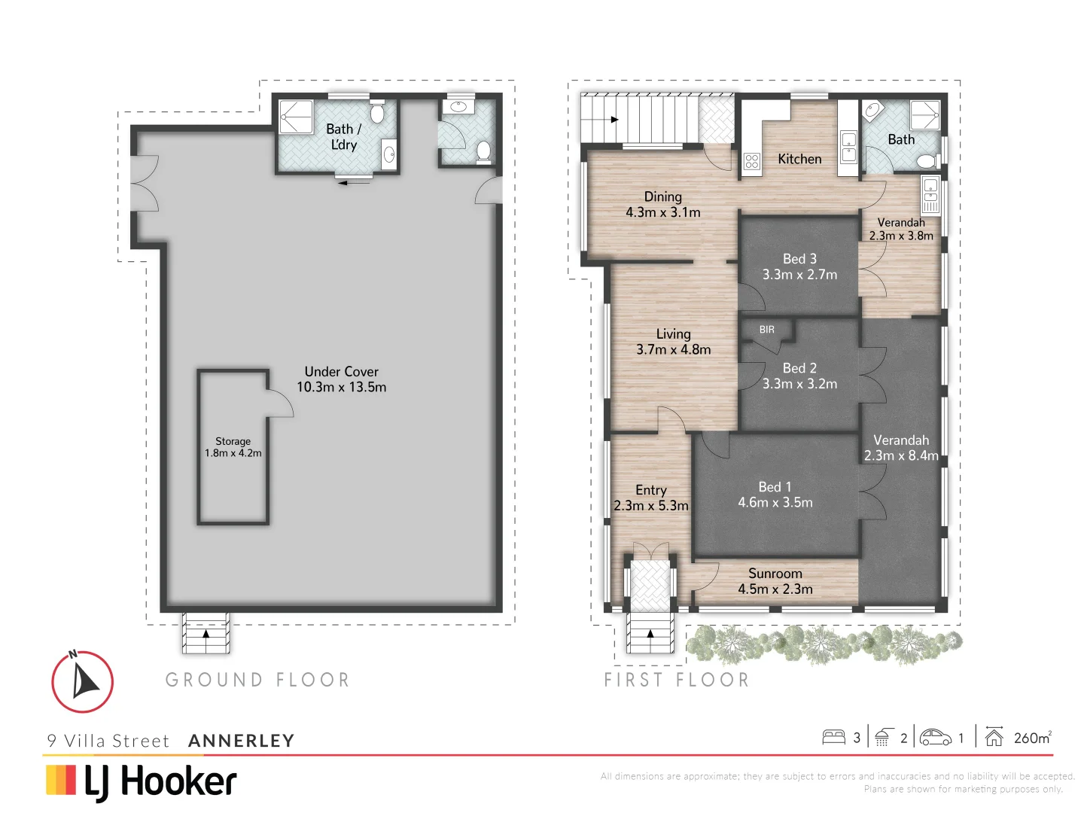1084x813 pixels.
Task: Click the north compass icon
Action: [82, 681]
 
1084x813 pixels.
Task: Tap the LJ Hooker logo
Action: [142, 781]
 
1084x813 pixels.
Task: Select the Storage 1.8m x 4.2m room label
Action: [233, 447]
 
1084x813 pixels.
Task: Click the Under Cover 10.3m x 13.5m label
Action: [341, 379]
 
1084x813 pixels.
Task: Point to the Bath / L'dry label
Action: [343, 137]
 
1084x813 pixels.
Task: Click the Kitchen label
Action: [799, 159]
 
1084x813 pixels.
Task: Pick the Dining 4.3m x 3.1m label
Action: [662, 205]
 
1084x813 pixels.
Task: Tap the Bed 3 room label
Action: [799, 266]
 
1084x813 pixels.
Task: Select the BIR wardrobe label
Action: [766, 330]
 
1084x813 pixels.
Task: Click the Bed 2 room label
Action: [799, 376]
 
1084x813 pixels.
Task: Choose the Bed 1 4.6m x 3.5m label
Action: [775, 495]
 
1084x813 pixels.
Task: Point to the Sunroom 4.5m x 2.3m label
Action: [775, 581]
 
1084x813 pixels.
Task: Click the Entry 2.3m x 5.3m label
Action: [650, 498]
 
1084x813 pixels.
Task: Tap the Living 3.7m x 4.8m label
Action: [673, 342]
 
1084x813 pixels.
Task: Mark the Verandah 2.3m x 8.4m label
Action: [901, 448]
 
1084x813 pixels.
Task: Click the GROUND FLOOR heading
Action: [257, 680]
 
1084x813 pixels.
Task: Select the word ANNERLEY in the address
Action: [241, 741]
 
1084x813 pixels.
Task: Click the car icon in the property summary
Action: [935, 737]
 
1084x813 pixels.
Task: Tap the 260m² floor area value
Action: [1032, 738]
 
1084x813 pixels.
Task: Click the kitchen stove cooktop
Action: [751, 160]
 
